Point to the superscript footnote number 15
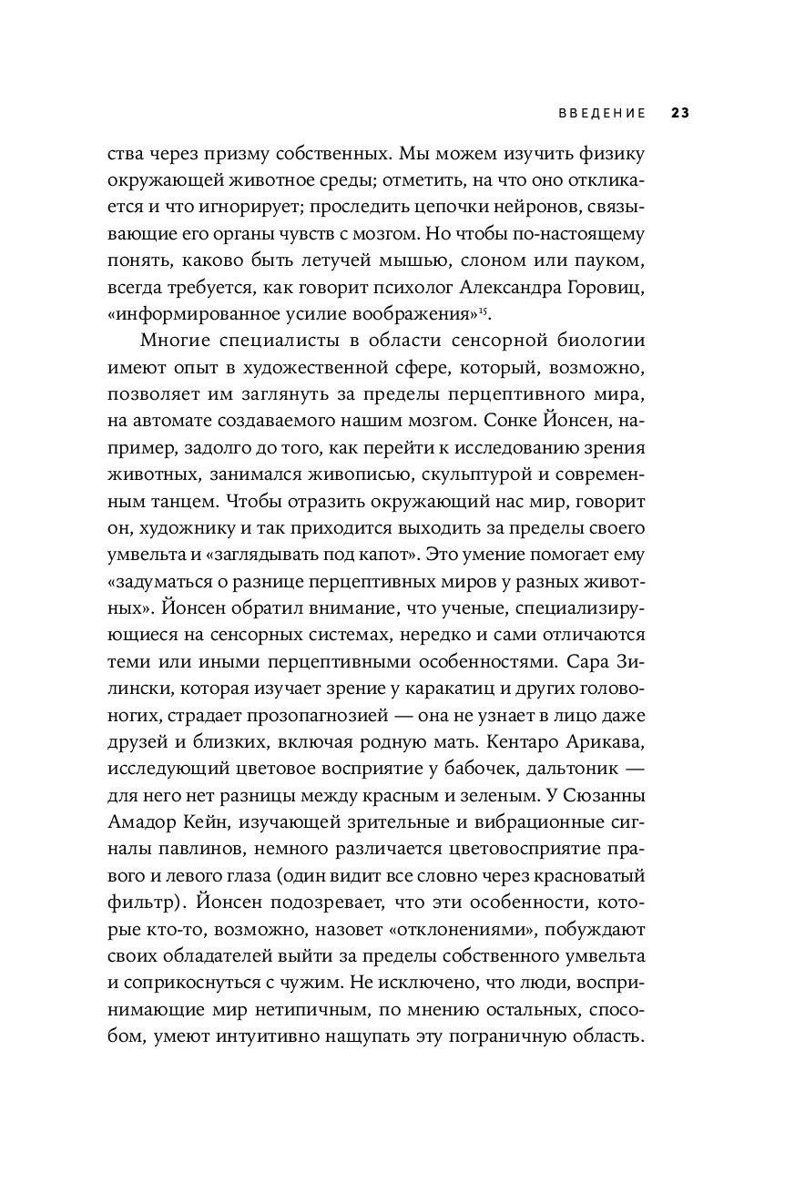tap(483, 310)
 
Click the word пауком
tap(609, 260)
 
